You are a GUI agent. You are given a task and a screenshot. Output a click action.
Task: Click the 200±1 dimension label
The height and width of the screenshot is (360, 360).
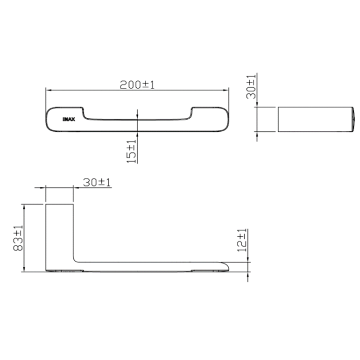click(x=137, y=85)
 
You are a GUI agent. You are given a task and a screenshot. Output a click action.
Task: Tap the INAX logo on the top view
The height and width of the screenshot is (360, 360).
click(x=69, y=119)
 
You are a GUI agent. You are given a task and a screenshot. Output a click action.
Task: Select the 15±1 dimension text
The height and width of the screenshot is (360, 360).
click(x=131, y=151)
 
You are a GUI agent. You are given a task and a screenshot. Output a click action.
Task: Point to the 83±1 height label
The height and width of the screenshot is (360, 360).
click(x=18, y=238)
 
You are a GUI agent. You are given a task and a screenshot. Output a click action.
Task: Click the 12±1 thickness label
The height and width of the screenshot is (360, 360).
click(x=242, y=240)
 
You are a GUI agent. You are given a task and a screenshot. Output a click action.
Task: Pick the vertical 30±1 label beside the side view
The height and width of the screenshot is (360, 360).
click(x=251, y=86)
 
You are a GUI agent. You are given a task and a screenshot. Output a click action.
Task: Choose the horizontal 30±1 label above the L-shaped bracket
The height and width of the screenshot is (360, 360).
click(x=97, y=183)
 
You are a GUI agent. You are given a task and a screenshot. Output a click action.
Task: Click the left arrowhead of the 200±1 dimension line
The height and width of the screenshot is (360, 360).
click(x=49, y=90)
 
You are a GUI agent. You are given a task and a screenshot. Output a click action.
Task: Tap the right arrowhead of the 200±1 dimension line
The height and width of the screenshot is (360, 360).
click(x=225, y=90)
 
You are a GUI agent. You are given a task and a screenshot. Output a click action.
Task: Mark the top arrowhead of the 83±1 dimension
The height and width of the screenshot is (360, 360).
click(x=24, y=207)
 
